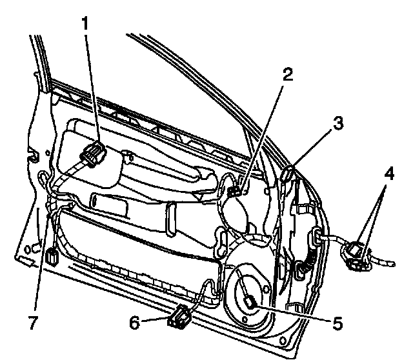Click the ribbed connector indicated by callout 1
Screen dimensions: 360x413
[x=94, y=155]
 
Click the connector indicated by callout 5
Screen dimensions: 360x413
[x=251, y=301]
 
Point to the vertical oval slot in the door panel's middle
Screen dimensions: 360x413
[x=170, y=217]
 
